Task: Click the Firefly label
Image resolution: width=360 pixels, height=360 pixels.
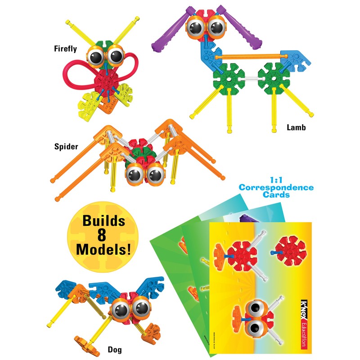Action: [65, 49]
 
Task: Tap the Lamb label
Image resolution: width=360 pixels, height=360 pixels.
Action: [296, 128]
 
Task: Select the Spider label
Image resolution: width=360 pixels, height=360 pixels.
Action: [66, 147]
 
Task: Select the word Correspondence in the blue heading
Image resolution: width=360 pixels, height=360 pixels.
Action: [276, 187]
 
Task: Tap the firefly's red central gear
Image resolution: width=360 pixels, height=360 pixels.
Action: [107, 83]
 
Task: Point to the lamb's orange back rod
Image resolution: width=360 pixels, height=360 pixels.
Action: [247, 57]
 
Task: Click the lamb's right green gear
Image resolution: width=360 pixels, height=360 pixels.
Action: [273, 77]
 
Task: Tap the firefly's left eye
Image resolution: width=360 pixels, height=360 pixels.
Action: [97, 57]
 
